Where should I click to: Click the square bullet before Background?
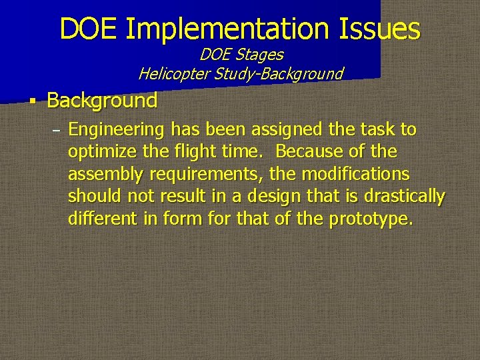[x=31, y=102]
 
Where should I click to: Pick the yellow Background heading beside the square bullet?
[x=102, y=101]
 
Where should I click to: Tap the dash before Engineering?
[x=56, y=129]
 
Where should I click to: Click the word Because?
[x=311, y=151]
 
